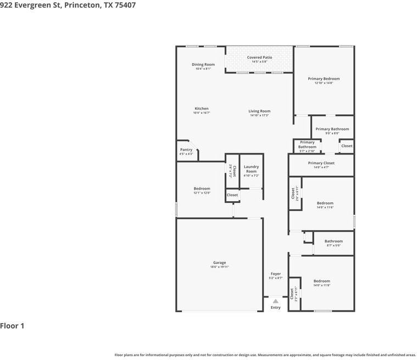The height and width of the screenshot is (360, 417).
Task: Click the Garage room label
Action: tap(219, 263)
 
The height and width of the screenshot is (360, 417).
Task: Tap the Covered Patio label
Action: tap(259, 57)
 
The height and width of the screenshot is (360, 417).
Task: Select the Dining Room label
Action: tap(203, 64)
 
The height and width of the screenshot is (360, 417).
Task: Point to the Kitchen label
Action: tap(202, 108)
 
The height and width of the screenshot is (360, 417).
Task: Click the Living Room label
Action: tap(259, 111)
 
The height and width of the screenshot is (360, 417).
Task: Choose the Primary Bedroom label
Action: tap(324, 79)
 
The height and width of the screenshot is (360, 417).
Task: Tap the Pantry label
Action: tap(186, 149)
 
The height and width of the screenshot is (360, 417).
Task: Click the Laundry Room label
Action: tap(251, 169)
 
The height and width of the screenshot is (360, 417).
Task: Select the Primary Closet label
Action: tap(321, 163)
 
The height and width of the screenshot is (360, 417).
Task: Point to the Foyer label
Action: tap(275, 274)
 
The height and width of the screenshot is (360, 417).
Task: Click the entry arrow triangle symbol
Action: tap(275, 301)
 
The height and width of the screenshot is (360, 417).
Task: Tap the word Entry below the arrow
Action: tap(275, 307)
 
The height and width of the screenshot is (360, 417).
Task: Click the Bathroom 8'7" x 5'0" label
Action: tap(333, 241)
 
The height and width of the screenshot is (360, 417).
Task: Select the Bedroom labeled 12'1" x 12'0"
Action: tap(202, 189)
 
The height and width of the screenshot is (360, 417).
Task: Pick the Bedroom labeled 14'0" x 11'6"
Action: tap(325, 203)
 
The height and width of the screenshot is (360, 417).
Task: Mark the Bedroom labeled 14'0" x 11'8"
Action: tap(321, 281)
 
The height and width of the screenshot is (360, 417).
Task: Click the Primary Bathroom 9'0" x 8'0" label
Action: tap(332, 129)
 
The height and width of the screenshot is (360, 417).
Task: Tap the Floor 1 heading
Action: tap(12, 326)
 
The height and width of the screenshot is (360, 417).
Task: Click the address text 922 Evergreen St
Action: tap(31, 5)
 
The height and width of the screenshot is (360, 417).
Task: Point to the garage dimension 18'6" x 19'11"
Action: tap(219, 267)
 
